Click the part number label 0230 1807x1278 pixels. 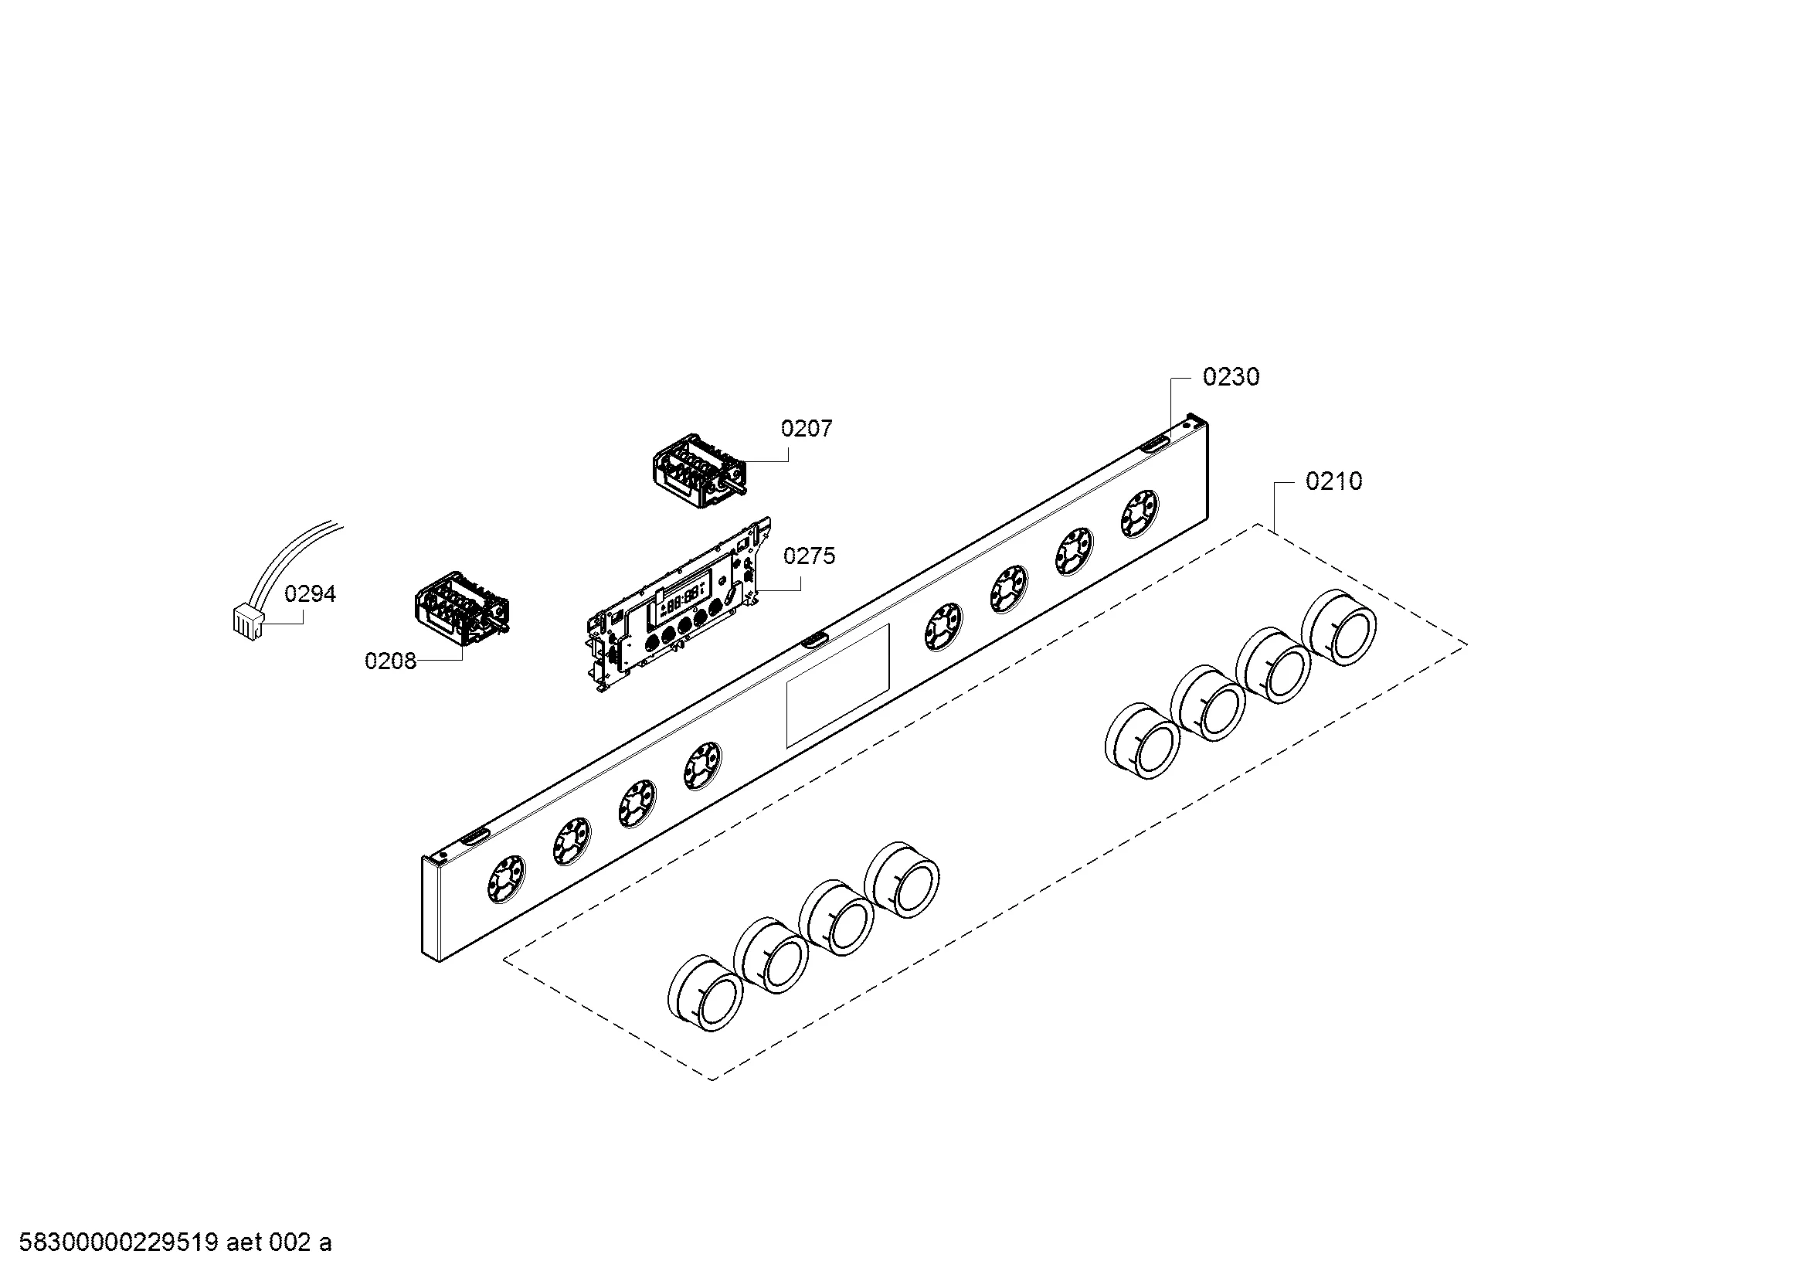click(1231, 377)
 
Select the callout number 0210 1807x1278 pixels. click(1334, 481)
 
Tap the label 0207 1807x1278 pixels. click(807, 428)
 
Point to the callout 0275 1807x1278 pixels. click(809, 556)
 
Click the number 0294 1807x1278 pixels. click(310, 593)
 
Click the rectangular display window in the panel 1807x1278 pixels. click(837, 685)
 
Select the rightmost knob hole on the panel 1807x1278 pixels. click(1140, 514)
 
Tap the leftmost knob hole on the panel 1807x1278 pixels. click(506, 880)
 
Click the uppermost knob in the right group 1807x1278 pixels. click(1339, 628)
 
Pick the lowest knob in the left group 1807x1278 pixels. click(705, 994)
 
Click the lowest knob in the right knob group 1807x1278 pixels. click(1142, 741)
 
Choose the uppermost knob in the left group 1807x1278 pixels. click(902, 880)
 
